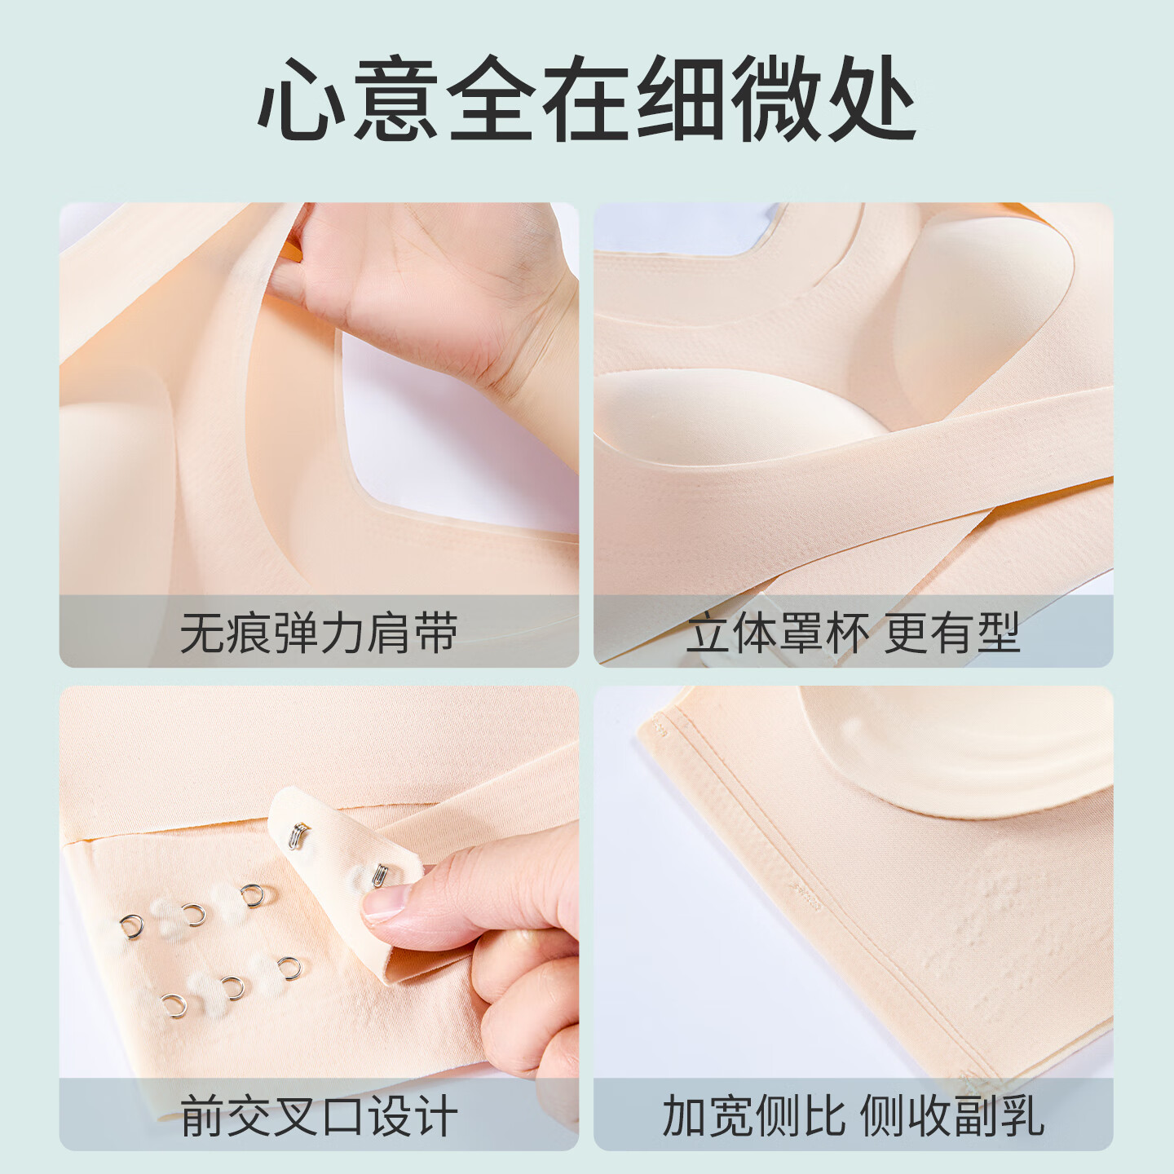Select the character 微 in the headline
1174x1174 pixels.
(x=775, y=99)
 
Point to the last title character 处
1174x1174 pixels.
(x=869, y=99)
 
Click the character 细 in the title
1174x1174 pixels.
(x=681, y=99)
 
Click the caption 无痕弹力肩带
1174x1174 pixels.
(x=319, y=633)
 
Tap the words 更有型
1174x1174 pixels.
(x=952, y=633)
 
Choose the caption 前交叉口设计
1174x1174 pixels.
(x=319, y=1116)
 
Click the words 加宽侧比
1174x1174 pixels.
(x=754, y=1116)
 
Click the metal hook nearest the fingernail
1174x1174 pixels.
(x=379, y=878)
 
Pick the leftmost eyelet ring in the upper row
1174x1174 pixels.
(x=131, y=926)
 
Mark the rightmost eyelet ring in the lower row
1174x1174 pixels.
(x=289, y=968)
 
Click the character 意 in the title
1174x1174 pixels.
(x=396, y=99)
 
